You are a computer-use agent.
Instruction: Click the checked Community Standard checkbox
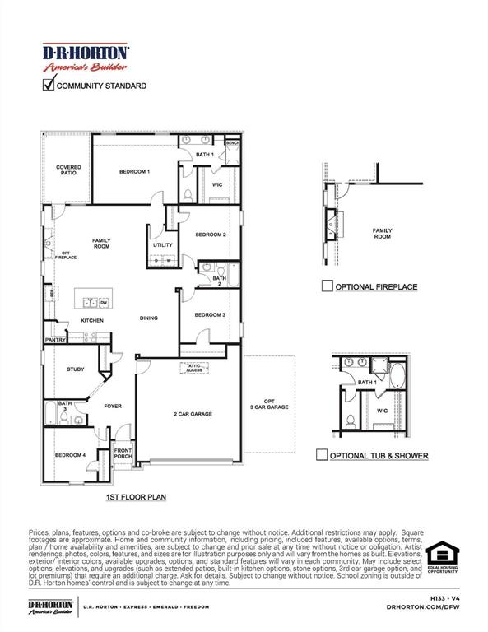(x=49, y=84)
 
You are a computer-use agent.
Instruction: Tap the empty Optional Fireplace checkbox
(x=328, y=286)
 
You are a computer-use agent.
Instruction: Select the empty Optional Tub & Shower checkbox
(x=323, y=454)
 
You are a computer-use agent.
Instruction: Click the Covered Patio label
(x=68, y=170)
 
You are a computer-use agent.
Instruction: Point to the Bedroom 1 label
(x=134, y=171)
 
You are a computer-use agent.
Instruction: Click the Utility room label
(x=162, y=245)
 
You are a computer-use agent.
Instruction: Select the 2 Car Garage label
(x=193, y=414)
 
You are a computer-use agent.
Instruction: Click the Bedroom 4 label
(x=70, y=455)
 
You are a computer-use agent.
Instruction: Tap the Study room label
(x=75, y=369)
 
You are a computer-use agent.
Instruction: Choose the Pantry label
(x=56, y=339)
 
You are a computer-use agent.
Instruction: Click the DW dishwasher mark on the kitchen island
(x=104, y=302)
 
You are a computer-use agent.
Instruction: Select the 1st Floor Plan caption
(x=136, y=498)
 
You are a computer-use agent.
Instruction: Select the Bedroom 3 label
(x=210, y=315)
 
